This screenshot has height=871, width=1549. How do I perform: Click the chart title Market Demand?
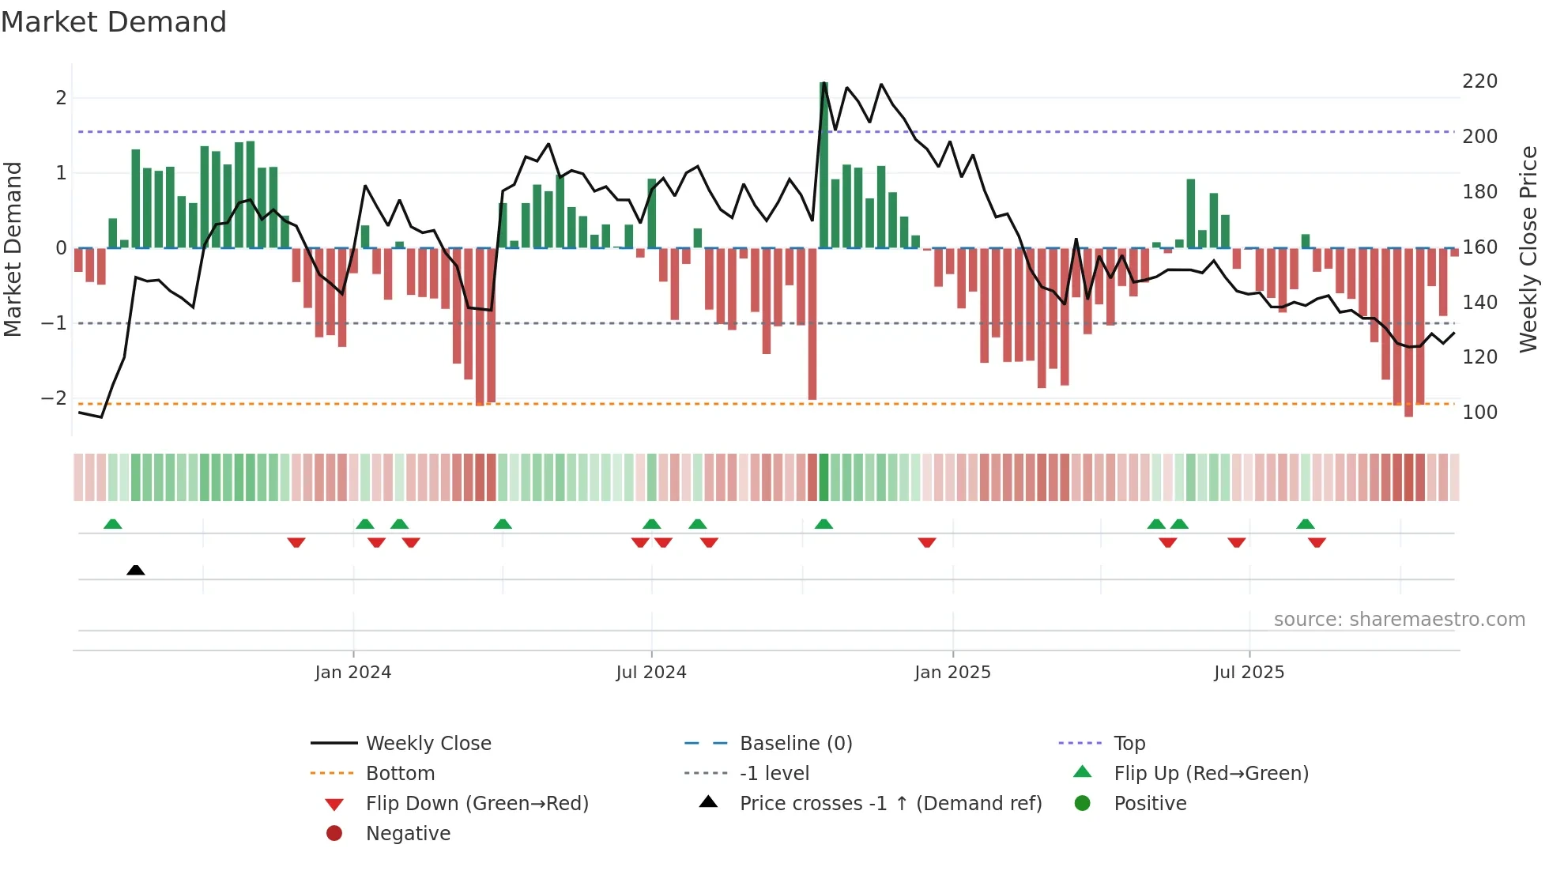[114, 22]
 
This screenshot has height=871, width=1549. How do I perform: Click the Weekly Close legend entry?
[428, 744]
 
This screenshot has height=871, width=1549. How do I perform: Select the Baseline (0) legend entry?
[795, 744]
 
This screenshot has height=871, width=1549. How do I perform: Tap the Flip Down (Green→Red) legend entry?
[477, 804]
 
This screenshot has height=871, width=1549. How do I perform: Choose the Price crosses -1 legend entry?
[890, 804]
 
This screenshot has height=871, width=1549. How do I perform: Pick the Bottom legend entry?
[400, 774]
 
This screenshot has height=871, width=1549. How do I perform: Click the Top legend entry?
[1129, 744]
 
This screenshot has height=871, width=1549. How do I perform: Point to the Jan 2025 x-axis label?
[952, 673]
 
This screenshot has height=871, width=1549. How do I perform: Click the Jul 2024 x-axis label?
[651, 673]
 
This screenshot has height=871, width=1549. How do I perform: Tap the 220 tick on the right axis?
[1479, 81]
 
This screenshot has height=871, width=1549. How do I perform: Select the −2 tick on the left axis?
[54, 398]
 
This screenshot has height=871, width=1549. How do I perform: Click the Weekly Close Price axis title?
[1528, 249]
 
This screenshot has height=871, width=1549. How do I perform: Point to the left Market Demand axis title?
[13, 249]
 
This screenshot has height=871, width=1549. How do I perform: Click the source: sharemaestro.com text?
[1399, 620]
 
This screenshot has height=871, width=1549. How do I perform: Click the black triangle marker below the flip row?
[136, 570]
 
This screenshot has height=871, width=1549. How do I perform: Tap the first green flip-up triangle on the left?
[113, 524]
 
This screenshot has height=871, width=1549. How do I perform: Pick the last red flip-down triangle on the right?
[1317, 542]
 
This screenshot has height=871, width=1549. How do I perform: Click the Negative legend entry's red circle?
[334, 834]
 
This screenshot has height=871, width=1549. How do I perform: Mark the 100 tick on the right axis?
[1479, 413]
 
